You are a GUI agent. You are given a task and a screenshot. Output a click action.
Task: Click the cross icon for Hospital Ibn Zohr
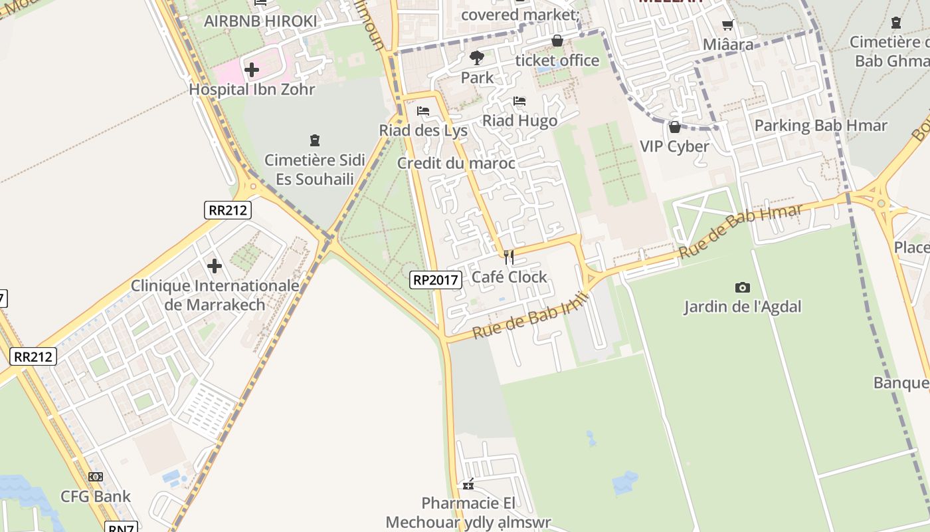[252, 69]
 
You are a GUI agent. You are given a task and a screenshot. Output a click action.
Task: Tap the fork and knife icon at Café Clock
[509, 257]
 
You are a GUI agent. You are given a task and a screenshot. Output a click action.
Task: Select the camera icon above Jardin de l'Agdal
[743, 287]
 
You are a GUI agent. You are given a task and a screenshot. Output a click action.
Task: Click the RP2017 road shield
[435, 280]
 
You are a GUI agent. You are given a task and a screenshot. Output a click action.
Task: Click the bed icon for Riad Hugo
[519, 101]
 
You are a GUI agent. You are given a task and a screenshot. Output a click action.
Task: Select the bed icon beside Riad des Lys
[423, 111]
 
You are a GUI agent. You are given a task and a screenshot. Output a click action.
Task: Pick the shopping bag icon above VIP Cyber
[675, 127]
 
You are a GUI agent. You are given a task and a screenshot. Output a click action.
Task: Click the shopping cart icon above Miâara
[728, 25]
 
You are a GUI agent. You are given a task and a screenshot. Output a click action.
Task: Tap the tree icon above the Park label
[477, 58]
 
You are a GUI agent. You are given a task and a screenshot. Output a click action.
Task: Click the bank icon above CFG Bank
[96, 477]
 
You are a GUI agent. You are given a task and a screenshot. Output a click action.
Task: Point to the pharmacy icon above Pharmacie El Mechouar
[468, 483]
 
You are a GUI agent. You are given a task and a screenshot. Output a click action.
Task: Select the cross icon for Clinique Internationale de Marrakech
[215, 266]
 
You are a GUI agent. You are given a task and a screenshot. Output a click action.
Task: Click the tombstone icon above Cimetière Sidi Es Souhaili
[315, 140]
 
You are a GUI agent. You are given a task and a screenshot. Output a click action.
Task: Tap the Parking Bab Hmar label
[820, 126]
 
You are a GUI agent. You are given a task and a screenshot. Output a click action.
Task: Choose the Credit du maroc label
[456, 163]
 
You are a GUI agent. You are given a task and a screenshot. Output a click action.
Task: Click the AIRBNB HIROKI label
[260, 21]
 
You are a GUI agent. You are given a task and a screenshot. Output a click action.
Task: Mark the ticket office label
[557, 61]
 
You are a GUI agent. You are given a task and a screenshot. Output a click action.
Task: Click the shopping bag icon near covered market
[557, 41]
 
